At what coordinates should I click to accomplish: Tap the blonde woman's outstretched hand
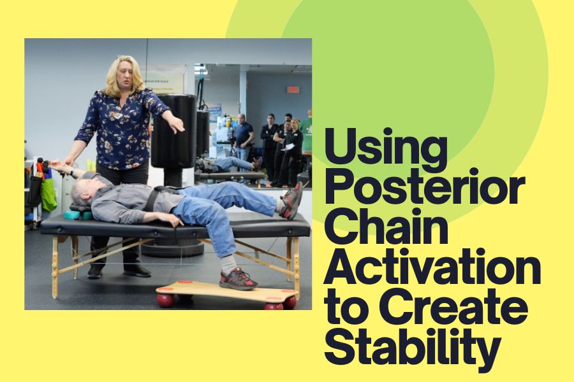(x=177, y=124)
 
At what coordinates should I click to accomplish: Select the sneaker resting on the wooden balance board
(x=238, y=279)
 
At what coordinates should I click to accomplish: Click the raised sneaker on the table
(x=291, y=201)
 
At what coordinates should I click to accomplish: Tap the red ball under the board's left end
(x=166, y=300)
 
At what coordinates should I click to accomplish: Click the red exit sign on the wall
(x=293, y=90)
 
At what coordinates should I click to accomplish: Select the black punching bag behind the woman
(x=173, y=132)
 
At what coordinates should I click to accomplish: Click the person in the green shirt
(x=306, y=132)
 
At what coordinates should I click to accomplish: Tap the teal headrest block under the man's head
(x=78, y=215)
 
